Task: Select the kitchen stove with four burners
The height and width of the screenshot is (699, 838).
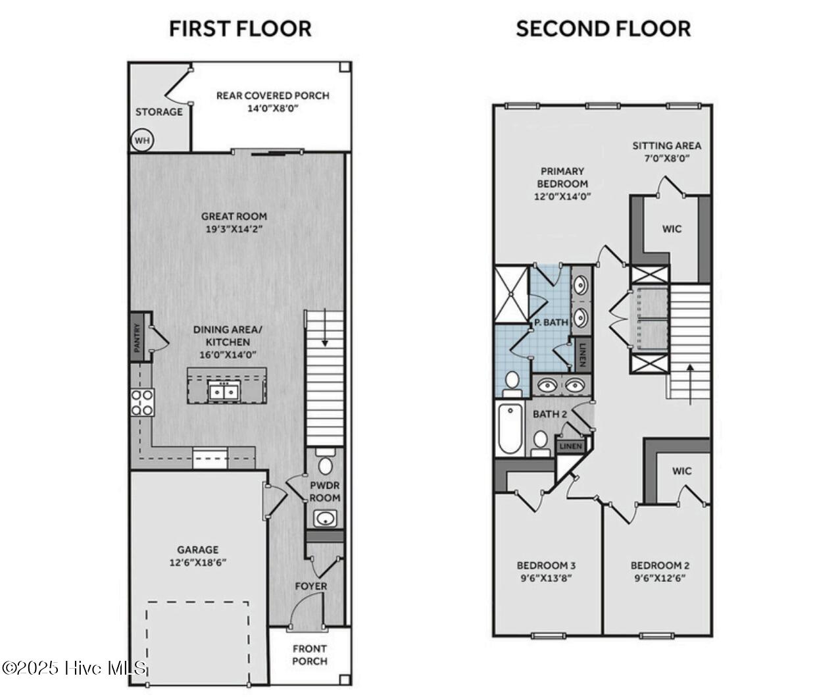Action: (x=142, y=402)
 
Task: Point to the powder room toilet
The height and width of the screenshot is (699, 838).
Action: (x=325, y=464)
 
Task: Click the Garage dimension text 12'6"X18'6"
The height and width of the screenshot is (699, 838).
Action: (x=198, y=563)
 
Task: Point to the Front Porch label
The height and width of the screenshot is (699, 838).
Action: (x=309, y=655)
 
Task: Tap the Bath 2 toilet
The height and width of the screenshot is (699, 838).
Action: (x=541, y=442)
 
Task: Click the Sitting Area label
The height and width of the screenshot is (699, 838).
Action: (x=666, y=151)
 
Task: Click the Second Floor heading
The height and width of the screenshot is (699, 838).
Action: (x=603, y=29)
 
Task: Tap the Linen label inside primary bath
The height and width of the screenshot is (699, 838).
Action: (x=581, y=354)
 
